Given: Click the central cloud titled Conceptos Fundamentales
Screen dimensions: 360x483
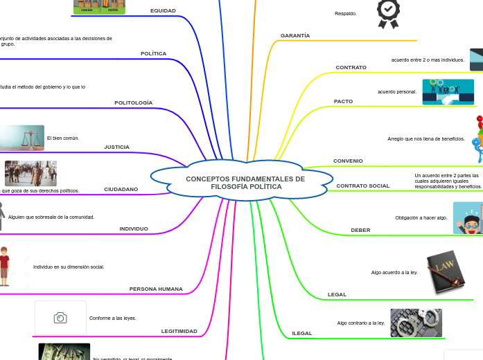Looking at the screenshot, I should coord(245,183).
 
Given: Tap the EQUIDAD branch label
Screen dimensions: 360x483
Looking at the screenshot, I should coord(163,11).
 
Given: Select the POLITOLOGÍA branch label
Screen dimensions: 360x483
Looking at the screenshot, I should coord(133,103).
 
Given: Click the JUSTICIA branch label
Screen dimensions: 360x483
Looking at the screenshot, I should coord(116,147).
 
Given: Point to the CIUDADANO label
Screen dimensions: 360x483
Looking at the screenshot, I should coord(121,189).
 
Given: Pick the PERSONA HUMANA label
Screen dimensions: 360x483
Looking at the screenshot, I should coord(156,289).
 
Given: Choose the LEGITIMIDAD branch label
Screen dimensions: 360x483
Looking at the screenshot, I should coord(179,332).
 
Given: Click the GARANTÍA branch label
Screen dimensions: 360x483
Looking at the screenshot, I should coord(295,35).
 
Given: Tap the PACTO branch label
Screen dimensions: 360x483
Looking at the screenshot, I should coord(343,102).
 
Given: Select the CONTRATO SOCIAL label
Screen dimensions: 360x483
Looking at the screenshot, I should coord(362,186).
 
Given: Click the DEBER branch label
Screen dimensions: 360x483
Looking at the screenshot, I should coord(360,230).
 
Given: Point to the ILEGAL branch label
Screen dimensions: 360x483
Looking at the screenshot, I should coord(302,334).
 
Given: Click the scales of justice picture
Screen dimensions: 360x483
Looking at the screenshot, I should coord(22,138).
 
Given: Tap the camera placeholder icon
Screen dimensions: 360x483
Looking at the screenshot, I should coord(60,318).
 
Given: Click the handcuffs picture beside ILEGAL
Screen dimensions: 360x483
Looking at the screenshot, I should coord(416,323).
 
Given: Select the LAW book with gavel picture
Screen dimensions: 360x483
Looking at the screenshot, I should coord(444,271).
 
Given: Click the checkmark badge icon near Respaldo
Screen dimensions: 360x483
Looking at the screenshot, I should coord(388,13).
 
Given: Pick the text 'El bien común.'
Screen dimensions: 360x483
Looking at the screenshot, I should coord(63,138).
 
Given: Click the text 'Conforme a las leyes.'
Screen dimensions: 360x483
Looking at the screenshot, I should coord(112,318).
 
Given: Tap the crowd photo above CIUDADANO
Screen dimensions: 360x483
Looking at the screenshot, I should coord(30,173).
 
